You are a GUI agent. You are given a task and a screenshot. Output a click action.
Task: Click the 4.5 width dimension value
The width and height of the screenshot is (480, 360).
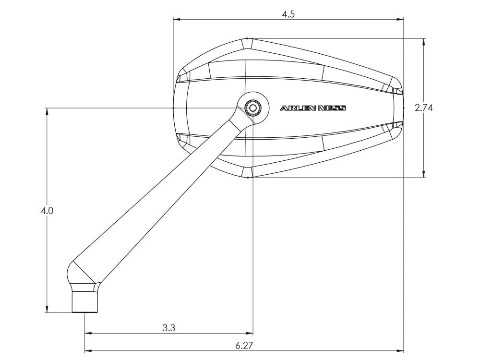point(288,14)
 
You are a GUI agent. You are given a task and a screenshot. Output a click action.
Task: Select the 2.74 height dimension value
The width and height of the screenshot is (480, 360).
point(423,108)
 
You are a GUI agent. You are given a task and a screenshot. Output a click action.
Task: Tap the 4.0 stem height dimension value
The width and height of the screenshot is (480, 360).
point(47,211)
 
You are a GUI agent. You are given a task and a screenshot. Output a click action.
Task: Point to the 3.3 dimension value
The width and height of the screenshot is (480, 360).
point(168,328)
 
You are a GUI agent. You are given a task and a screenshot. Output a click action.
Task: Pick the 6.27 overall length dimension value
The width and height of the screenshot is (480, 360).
point(244,346)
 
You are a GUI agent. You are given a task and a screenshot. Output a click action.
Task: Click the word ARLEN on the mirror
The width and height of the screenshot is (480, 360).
point(298,108)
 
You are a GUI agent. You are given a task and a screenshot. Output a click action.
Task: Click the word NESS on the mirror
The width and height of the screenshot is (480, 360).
point(332,108)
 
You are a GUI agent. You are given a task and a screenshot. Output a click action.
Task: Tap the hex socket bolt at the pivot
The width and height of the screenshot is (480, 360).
point(253,108)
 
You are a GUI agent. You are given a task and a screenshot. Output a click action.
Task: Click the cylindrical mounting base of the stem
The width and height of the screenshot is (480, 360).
point(85,302)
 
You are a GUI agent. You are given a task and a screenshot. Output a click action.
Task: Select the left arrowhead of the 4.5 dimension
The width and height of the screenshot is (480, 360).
point(177,19)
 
